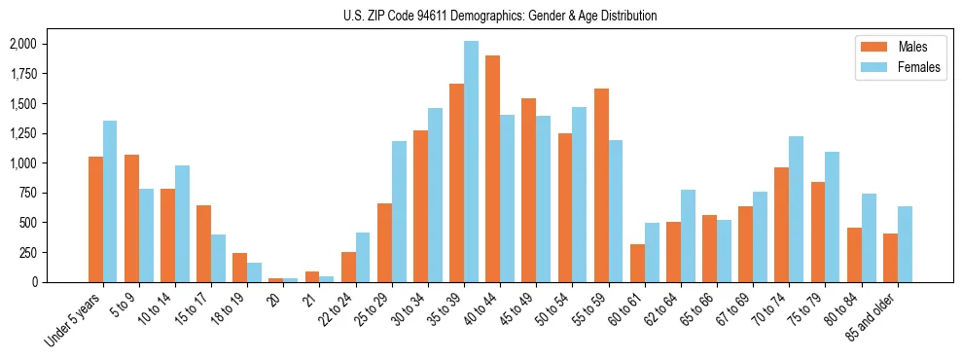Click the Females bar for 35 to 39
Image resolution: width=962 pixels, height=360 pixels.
point(471,162)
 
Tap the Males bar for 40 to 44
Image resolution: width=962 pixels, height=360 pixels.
point(493,168)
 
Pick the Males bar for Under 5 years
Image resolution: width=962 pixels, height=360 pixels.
point(95,219)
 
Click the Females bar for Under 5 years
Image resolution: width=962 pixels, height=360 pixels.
point(110,201)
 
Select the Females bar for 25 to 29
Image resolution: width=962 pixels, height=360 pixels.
point(399,211)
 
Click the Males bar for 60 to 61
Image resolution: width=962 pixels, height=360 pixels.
point(637,263)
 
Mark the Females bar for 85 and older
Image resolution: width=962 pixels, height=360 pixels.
point(905,244)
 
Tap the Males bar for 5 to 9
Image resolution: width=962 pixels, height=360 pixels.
point(131,218)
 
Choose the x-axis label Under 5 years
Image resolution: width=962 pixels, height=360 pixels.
point(74,322)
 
